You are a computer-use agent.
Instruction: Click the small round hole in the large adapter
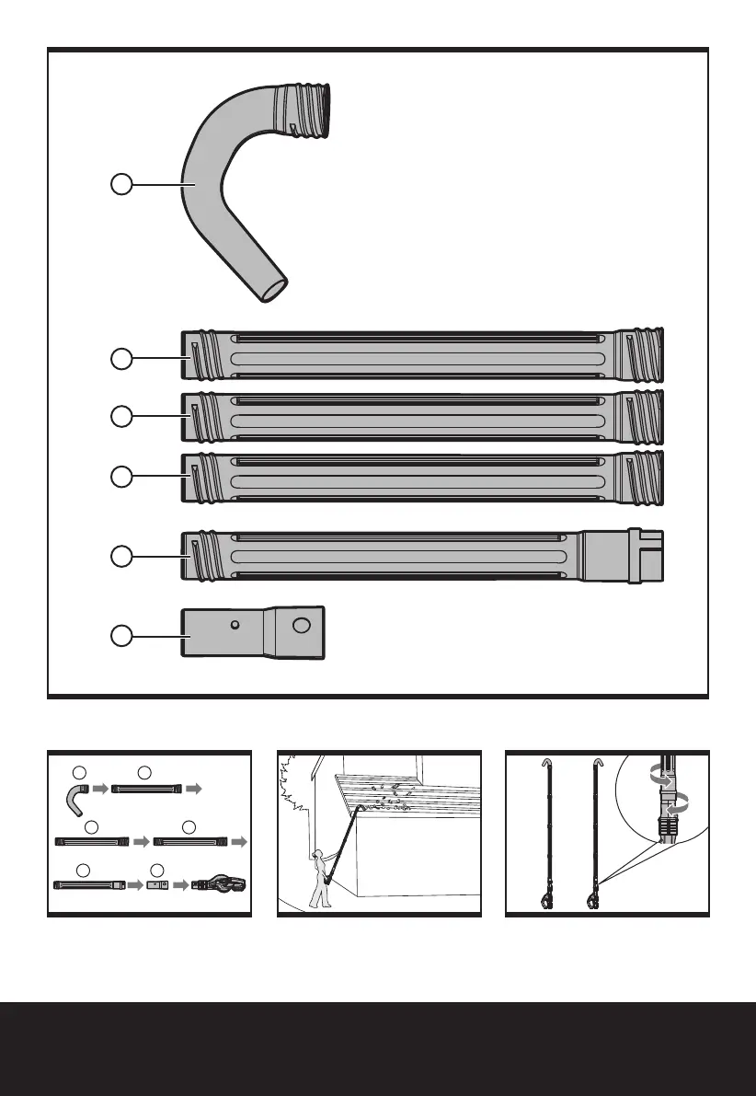coord(236,625)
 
